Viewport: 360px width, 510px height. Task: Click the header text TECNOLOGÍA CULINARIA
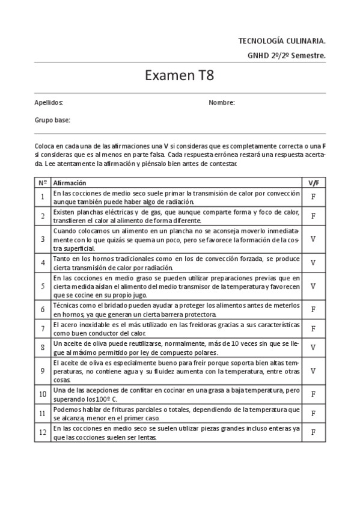pyautogui.click(x=282, y=41)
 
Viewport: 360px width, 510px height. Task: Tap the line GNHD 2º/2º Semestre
pyautogui.click(x=286, y=55)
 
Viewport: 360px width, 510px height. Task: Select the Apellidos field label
pyautogui.click(x=49, y=103)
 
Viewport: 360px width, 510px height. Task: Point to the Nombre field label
pyautogui.click(x=221, y=103)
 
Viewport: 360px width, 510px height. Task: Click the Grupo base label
pyautogui.click(x=52, y=120)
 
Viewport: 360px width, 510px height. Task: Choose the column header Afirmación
pyautogui.click(x=70, y=182)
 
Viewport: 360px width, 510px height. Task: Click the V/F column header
pyautogui.click(x=313, y=182)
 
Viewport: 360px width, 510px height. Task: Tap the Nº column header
pyautogui.click(x=43, y=182)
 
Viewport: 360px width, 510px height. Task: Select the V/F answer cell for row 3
pyautogui.click(x=313, y=239)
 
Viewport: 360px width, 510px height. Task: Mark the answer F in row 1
pyautogui.click(x=313, y=197)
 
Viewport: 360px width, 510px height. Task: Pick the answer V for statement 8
pyautogui.click(x=313, y=347)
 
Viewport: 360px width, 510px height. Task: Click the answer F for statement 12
pyautogui.click(x=313, y=432)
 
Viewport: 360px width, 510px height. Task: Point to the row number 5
pyautogui.click(x=43, y=286)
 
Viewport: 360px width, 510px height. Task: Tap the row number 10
pyautogui.click(x=43, y=394)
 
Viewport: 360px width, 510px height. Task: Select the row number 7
pyautogui.click(x=43, y=329)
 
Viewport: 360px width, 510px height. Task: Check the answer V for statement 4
pyautogui.click(x=313, y=262)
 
